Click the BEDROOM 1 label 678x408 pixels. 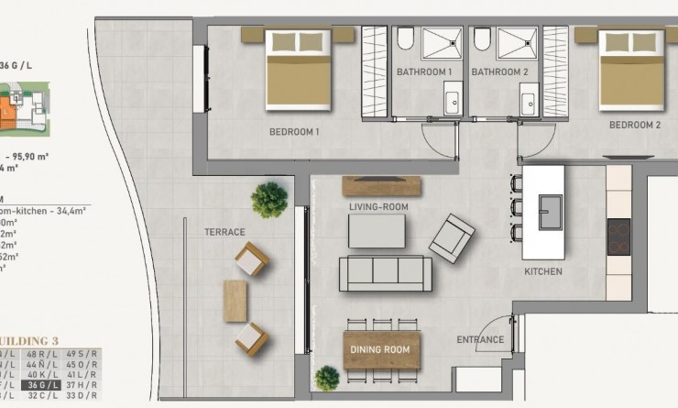[293, 132]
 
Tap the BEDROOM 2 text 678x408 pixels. [635, 126]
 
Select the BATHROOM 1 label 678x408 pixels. [424, 72]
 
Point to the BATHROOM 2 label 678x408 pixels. [500, 72]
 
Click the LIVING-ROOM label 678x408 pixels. [378, 207]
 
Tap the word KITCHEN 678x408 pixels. [543, 272]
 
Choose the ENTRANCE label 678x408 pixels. [480, 340]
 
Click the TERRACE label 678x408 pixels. [224, 233]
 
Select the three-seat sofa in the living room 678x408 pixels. [385, 273]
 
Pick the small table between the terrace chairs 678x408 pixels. [235, 300]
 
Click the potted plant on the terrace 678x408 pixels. [269, 197]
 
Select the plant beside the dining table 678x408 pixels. [326, 378]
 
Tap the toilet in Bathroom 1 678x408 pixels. [406, 39]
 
